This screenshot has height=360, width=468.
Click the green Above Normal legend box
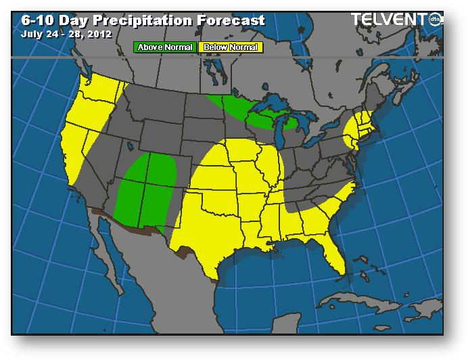tap(166, 47)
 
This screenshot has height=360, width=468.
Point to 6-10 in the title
tap(29, 20)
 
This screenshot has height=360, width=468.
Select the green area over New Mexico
tap(145, 189)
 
